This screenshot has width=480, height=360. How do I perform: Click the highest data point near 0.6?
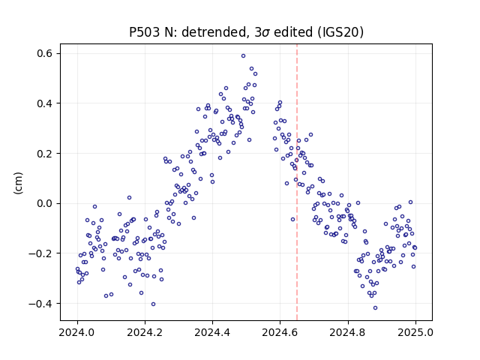[x=243, y=56]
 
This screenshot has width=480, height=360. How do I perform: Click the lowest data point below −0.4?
[x=375, y=308]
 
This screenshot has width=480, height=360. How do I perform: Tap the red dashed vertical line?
[x=297, y=182]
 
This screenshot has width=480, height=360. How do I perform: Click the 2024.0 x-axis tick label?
[x=77, y=332]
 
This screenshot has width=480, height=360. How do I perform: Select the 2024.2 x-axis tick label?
[x=145, y=332]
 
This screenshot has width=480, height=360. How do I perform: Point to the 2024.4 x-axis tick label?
[x=212, y=332]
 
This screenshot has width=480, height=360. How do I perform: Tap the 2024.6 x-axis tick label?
[x=280, y=332]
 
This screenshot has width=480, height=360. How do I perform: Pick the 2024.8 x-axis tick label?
[x=348, y=332]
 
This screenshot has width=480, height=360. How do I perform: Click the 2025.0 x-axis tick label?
[x=415, y=332]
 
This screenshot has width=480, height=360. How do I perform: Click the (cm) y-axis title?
[x=18, y=182]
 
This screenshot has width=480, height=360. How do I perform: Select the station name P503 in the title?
[x=145, y=32]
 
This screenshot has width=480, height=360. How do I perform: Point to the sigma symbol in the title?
[x=266, y=33]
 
